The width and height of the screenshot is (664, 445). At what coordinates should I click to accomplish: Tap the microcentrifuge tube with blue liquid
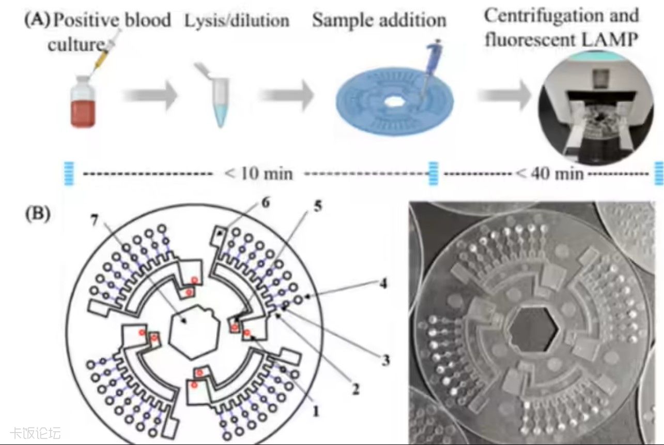[x=216, y=98]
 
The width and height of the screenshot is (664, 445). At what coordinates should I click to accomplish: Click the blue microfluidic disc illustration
[x=394, y=100]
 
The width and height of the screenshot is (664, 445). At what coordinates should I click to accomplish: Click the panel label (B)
[x=37, y=214]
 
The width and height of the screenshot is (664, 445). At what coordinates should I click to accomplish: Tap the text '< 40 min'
[x=549, y=172]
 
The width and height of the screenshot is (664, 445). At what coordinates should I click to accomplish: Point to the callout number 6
[x=265, y=202]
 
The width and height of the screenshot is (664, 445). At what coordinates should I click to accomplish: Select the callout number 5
[x=317, y=207]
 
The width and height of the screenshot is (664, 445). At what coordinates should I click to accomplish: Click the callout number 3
[x=385, y=360]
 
